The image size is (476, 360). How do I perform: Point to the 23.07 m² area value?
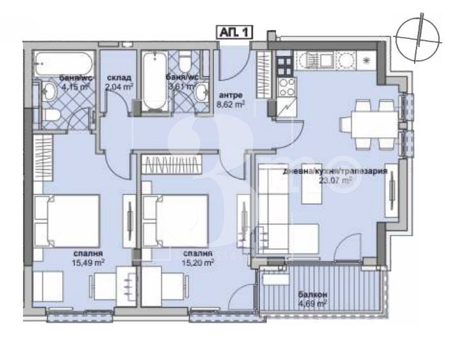click(x=336, y=180)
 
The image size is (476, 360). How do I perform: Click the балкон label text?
click(x=312, y=295)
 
